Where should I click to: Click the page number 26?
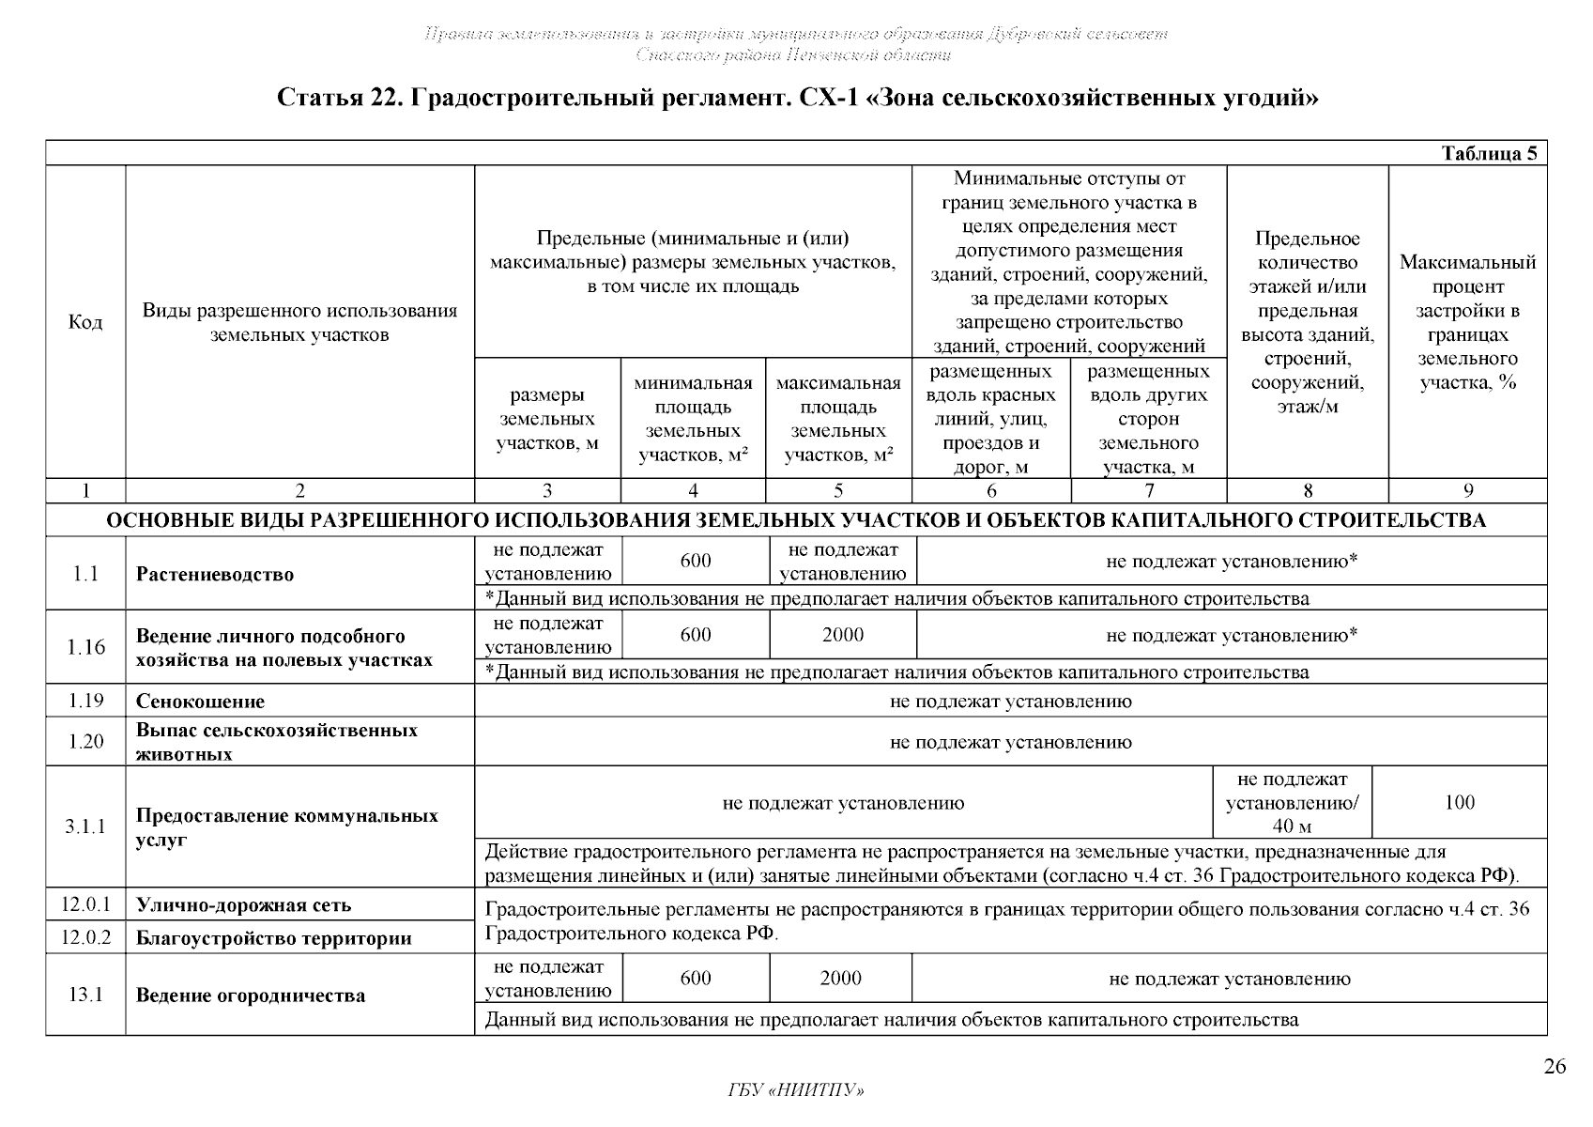click(1555, 1067)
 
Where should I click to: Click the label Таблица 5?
click(1489, 154)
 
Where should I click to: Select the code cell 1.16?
click(85, 647)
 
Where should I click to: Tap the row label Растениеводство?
click(215, 575)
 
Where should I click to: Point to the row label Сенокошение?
click(200, 702)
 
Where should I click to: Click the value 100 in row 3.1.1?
click(1460, 803)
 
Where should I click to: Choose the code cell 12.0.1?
click(85, 905)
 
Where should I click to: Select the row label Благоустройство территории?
click(274, 938)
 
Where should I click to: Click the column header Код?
click(85, 323)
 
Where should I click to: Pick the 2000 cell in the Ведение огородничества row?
click(840, 979)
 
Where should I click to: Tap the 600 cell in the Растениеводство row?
click(696, 561)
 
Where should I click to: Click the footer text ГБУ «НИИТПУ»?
click(796, 1090)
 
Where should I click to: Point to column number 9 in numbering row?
click(1467, 490)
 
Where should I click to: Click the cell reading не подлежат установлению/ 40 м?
click(1292, 803)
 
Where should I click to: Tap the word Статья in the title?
click(314, 99)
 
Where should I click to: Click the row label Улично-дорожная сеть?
click(243, 905)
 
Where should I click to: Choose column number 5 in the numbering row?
click(838, 490)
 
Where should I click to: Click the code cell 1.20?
click(85, 742)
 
